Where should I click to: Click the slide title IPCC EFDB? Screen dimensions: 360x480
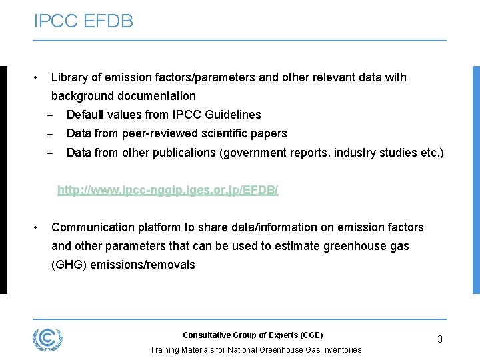pyautogui.click(x=83, y=21)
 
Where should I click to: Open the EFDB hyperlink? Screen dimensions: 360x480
pyautogui.click(x=167, y=191)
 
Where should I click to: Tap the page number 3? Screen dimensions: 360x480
pyautogui.click(x=440, y=339)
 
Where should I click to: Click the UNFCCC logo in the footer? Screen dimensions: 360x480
pyautogui.click(x=47, y=339)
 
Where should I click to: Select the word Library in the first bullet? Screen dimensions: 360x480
pyautogui.click(x=69, y=77)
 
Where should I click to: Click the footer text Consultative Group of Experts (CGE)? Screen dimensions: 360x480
pyautogui.click(x=253, y=335)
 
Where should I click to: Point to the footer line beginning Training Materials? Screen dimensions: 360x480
pyautogui.click(x=255, y=349)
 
